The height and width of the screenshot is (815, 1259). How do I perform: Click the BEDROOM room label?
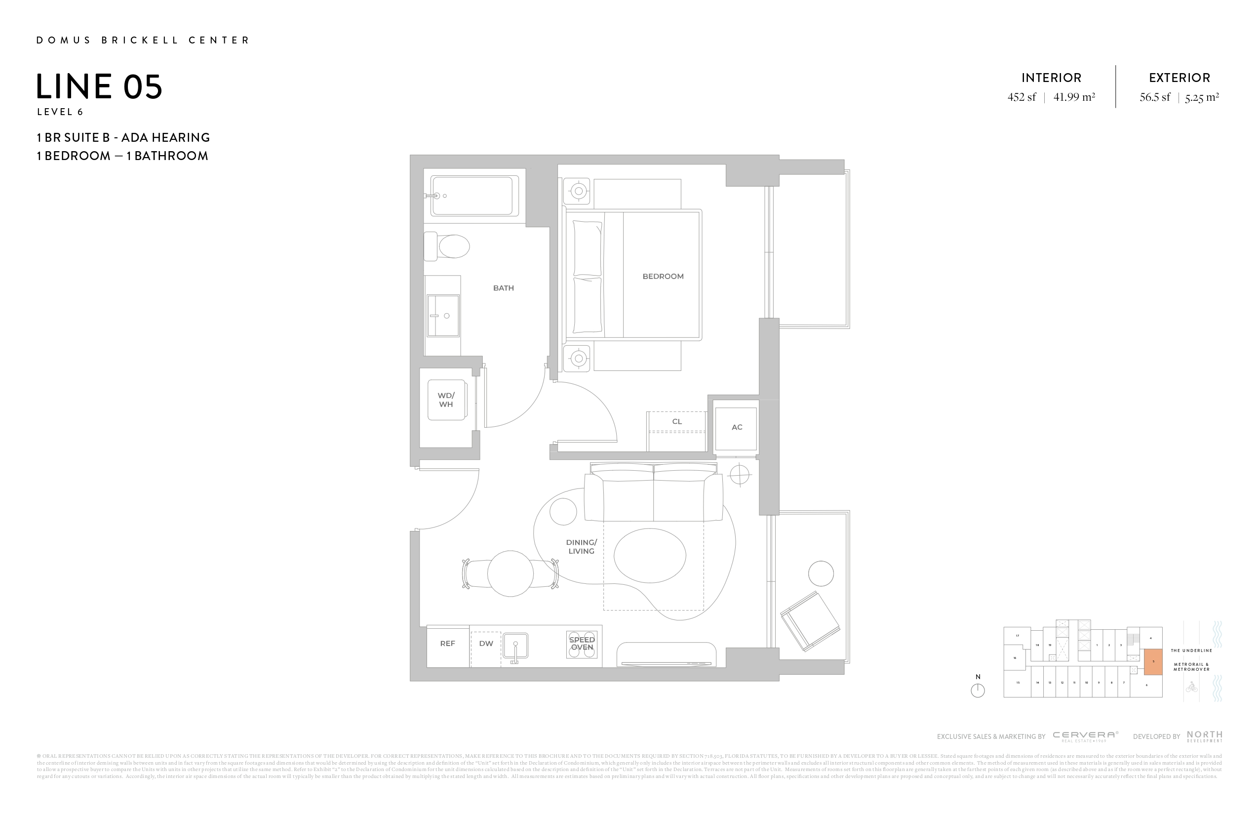coord(663,276)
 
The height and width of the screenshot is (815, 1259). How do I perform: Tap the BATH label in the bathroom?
coord(503,288)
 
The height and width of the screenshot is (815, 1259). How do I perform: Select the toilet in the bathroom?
coord(448,246)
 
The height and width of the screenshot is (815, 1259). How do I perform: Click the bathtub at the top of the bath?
coord(474,196)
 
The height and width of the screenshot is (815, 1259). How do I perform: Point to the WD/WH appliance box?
coord(446,400)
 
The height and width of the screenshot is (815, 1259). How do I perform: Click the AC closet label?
coord(736,427)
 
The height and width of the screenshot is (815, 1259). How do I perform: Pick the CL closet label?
coord(676,422)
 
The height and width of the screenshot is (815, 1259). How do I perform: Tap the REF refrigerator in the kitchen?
coord(447,644)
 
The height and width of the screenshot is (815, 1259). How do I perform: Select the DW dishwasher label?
coord(486,644)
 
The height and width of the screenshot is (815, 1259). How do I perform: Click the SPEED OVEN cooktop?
coord(582,644)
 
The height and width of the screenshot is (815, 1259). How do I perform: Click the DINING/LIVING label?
coord(582,547)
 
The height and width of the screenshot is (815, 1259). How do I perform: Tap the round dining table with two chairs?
coord(510,573)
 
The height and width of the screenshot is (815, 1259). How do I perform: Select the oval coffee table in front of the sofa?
coord(650,555)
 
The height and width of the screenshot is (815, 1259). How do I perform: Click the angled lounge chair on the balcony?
coord(810,621)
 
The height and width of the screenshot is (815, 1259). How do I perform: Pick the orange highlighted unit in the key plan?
coord(1153,661)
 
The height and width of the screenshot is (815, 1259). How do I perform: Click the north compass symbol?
coord(978,690)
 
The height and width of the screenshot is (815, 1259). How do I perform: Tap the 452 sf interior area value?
coord(1022,97)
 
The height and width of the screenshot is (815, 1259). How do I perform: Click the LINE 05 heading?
coord(99,87)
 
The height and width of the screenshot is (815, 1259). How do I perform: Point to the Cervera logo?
coord(1085,735)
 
